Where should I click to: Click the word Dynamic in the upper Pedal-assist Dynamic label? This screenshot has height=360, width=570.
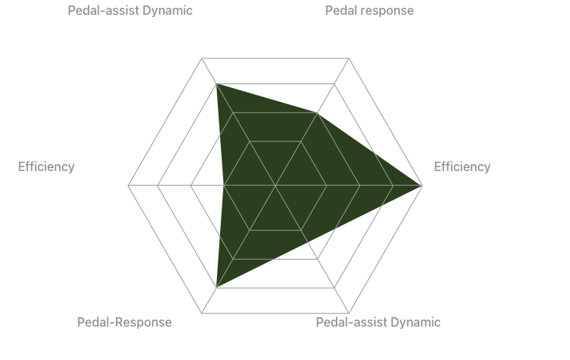tap(167, 11)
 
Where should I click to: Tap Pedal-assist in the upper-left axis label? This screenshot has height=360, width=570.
tap(103, 11)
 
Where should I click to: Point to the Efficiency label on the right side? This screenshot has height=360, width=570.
tap(462, 167)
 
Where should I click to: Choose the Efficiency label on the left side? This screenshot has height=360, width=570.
tap(46, 167)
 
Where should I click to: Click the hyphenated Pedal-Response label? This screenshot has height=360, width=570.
tap(124, 323)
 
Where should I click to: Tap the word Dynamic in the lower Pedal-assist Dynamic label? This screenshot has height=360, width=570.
tap(415, 323)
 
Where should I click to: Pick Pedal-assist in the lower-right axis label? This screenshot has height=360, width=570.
tap(351, 323)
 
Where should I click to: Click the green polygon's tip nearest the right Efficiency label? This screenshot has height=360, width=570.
tap(422, 186)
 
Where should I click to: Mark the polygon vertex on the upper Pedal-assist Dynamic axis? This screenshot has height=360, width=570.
tap(217, 84)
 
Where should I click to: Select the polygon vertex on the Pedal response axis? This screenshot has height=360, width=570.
tap(317, 113)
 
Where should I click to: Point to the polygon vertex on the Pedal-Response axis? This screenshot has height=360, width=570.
tap(217, 288)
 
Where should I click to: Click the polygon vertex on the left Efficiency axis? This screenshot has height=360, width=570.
tap(223, 186)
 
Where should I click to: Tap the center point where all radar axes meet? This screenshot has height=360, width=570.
tap(275, 186)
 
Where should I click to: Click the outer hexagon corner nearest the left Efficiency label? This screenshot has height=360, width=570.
tap(128, 186)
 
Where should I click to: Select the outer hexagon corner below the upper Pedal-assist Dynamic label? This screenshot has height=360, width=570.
tap(202, 58)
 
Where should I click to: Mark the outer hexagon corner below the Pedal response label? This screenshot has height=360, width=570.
tap(349, 58)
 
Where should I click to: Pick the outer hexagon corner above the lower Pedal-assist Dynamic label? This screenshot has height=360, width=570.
tap(349, 313)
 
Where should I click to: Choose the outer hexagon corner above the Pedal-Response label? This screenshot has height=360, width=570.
tap(202, 313)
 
